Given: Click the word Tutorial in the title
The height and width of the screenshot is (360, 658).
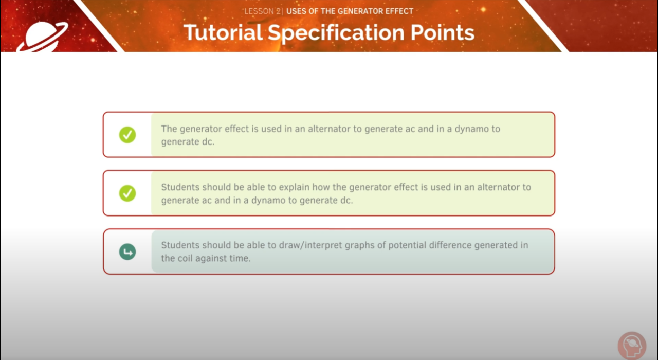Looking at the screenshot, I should (x=223, y=32).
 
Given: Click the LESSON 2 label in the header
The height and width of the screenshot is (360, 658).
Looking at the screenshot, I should (x=262, y=11).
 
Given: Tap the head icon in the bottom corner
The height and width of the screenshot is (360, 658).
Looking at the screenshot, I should (x=632, y=346).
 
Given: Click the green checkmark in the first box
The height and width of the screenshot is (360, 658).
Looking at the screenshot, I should (x=127, y=135).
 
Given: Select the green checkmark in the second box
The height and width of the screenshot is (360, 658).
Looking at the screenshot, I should (x=127, y=193).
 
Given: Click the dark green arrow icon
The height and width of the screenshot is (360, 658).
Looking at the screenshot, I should (x=127, y=252).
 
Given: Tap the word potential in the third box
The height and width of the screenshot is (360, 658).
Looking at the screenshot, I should (x=407, y=245).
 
